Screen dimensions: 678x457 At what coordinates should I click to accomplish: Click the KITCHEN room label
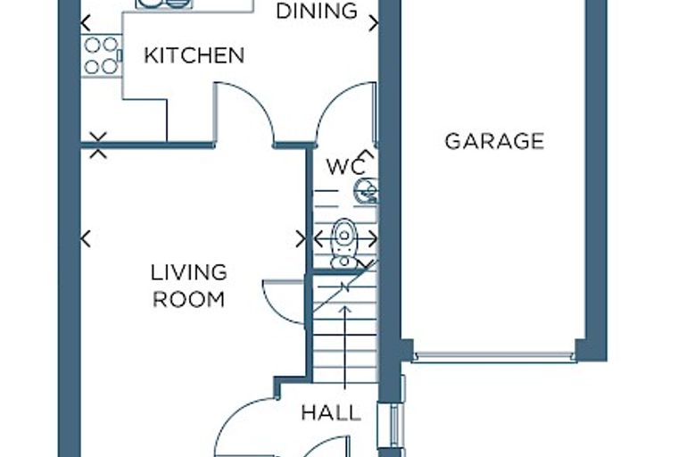click(x=194, y=55)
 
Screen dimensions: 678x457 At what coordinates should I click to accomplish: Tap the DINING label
click(x=317, y=11)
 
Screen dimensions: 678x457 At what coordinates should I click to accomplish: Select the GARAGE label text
click(x=494, y=142)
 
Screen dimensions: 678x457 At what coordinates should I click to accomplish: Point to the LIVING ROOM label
click(x=189, y=286)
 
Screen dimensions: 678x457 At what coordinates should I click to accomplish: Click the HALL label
click(x=331, y=413)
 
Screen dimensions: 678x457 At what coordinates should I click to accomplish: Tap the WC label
click(x=345, y=167)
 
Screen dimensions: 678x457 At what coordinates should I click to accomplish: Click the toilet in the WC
click(x=343, y=244)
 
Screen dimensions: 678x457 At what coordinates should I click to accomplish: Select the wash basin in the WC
click(x=368, y=191)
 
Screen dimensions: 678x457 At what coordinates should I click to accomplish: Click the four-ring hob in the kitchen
click(x=101, y=56)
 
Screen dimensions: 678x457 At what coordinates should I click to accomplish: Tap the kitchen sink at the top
click(x=164, y=4)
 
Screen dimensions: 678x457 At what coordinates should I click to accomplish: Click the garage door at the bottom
click(x=494, y=357)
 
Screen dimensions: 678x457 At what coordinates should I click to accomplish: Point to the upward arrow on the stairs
click(x=344, y=347)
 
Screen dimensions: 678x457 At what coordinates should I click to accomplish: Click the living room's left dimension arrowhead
click(x=86, y=238)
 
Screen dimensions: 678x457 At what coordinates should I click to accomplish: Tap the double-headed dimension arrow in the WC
click(x=345, y=238)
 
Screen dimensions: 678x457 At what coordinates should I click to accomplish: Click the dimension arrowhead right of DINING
click(x=374, y=23)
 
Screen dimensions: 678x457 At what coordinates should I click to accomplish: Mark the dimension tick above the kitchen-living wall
click(x=99, y=137)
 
